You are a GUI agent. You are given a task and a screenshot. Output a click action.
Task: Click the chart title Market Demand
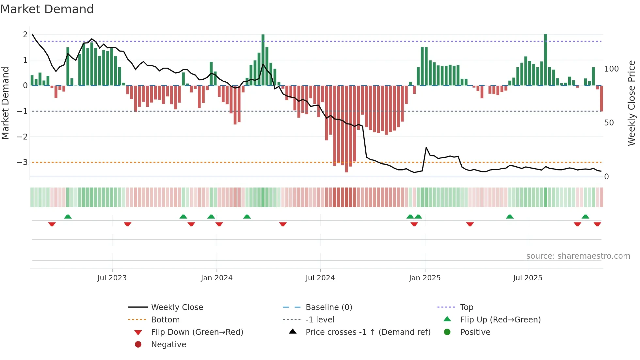(x=47, y=9)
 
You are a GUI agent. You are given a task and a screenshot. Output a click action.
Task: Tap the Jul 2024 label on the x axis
(x=320, y=278)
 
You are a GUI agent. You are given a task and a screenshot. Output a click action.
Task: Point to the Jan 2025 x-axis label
(x=424, y=278)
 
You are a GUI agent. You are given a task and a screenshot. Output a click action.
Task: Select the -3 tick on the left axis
(x=23, y=162)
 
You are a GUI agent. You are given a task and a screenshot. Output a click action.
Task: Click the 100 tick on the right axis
(x=611, y=69)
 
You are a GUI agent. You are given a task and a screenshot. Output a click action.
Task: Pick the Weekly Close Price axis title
(x=632, y=103)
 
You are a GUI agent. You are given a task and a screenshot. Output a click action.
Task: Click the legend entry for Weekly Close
(x=177, y=307)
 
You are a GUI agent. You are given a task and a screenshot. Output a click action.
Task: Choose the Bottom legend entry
(x=165, y=320)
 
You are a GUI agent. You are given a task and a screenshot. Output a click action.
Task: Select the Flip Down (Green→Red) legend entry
(x=197, y=332)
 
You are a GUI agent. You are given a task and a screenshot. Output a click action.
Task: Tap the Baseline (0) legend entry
(x=328, y=307)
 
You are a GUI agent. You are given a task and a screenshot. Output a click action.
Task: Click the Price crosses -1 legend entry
(x=368, y=332)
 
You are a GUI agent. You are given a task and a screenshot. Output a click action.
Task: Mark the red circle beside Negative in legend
(x=138, y=345)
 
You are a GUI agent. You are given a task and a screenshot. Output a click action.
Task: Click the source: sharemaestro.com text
(x=578, y=256)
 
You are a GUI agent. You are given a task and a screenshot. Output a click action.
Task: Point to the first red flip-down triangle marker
(x=52, y=224)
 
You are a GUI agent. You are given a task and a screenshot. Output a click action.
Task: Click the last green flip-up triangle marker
(x=585, y=217)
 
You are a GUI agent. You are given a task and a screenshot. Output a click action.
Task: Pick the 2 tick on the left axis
(x=25, y=34)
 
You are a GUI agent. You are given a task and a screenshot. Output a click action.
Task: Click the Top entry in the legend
(x=466, y=307)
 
